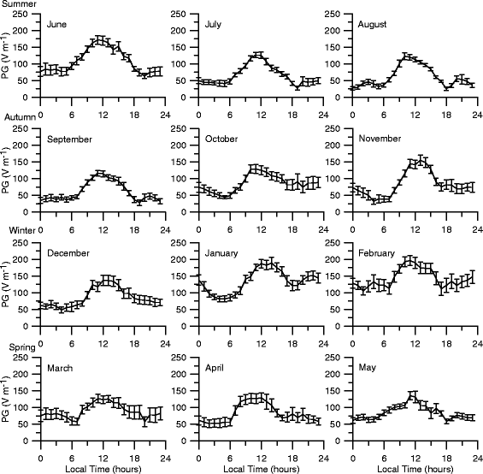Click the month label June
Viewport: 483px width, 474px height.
tap(57, 25)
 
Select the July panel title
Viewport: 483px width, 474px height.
tap(214, 25)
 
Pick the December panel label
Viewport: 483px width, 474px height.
tap(68, 253)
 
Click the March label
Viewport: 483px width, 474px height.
tap(61, 368)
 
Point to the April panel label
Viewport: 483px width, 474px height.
tap(215, 368)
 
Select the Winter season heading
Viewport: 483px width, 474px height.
tap(15, 234)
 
